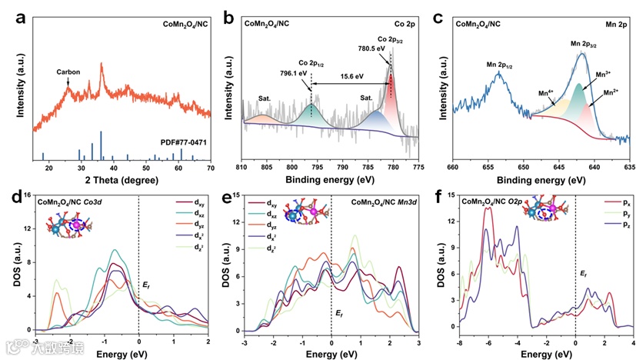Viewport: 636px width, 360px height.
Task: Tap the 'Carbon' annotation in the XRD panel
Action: [70, 73]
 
